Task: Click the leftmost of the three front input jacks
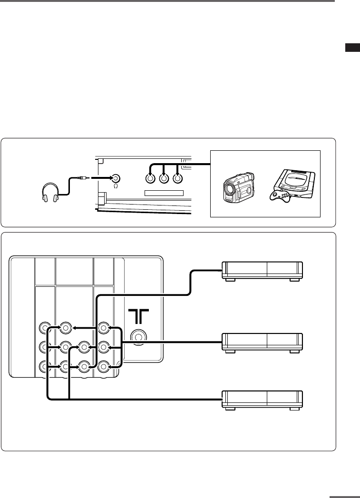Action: pos(150,179)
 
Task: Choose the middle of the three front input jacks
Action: pos(164,179)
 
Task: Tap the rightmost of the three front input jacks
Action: pos(178,179)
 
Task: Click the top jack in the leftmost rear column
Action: pos(46,328)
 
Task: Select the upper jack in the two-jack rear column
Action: pos(84,347)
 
